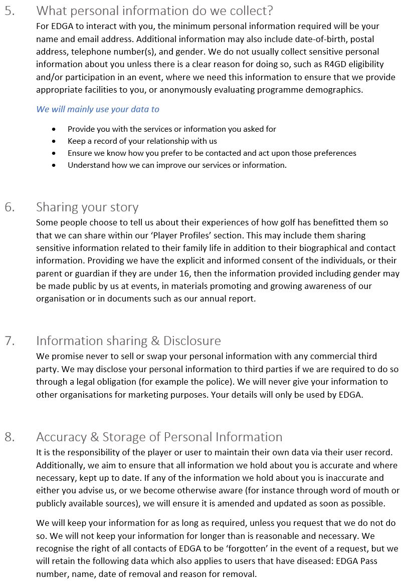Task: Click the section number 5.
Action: tap(10, 11)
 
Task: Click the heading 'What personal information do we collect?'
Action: tap(155, 11)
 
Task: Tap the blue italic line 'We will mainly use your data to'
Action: tap(98, 109)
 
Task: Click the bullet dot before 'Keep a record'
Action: tap(54, 141)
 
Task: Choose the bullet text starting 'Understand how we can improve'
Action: tap(177, 165)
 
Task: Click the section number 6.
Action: tap(10, 207)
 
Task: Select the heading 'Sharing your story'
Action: tap(87, 207)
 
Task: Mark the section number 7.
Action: tap(10, 341)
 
